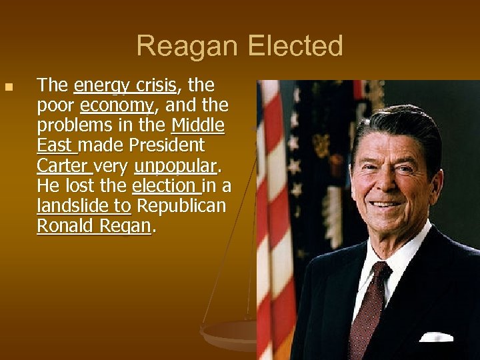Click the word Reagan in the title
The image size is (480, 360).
pyautogui.click(x=189, y=47)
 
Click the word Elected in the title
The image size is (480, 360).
pyautogui.click(x=295, y=47)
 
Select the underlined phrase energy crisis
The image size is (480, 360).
pyautogui.click(x=125, y=85)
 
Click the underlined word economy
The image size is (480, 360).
pyautogui.click(x=117, y=105)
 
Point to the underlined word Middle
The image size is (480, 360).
pyautogui.click(x=198, y=125)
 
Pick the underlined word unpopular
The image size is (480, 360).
pyautogui.click(x=175, y=165)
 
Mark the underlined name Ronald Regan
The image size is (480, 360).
pyautogui.click(x=94, y=226)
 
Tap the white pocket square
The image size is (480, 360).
pyautogui.click(x=436, y=336)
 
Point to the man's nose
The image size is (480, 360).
pyautogui.click(x=393, y=180)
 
